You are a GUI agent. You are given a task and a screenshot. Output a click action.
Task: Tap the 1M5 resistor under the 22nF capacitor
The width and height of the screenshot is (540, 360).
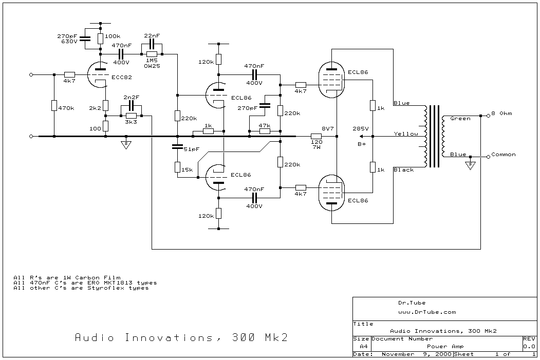(x=152, y=54)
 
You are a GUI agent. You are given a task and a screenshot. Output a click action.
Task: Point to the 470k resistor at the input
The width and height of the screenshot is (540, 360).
(x=54, y=105)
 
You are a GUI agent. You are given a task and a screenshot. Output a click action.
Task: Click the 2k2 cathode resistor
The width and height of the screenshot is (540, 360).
(x=105, y=105)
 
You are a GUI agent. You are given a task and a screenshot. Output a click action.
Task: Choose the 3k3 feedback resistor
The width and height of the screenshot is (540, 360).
(x=131, y=116)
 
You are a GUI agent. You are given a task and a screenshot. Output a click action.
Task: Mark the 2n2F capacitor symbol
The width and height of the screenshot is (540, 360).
(x=131, y=105)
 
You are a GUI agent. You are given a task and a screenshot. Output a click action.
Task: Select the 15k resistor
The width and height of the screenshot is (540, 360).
(x=177, y=167)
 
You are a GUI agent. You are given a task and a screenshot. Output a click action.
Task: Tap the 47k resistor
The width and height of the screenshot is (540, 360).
(x=265, y=131)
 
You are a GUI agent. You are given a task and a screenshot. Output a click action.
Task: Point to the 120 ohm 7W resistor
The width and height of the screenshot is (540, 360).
(x=316, y=136)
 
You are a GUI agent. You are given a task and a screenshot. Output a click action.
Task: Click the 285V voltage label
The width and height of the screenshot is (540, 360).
(x=359, y=128)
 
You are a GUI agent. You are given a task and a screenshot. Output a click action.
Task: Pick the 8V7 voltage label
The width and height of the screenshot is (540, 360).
(x=328, y=128)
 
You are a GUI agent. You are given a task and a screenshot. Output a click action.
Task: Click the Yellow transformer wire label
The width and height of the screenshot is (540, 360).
(x=406, y=134)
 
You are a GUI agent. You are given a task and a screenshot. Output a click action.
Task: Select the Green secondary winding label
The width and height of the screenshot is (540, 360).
(x=460, y=119)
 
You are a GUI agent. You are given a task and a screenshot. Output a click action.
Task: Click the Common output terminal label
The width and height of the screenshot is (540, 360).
(x=503, y=154)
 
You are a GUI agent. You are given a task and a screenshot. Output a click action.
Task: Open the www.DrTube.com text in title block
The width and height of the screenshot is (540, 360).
(x=426, y=312)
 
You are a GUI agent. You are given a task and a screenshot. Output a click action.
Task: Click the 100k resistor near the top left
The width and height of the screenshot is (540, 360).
(x=100, y=37)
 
